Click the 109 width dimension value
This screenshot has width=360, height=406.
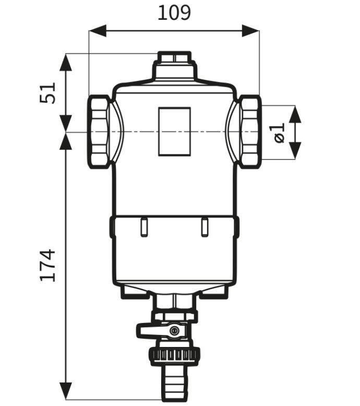(x=174, y=13)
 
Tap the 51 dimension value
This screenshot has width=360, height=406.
(x=47, y=93)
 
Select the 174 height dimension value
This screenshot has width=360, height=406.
(x=47, y=266)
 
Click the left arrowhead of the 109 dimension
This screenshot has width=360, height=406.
(x=98, y=31)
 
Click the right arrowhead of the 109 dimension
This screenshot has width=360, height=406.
(x=250, y=31)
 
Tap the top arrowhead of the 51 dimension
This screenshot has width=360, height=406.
(x=65, y=63)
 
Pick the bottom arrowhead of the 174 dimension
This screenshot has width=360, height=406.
(x=65, y=391)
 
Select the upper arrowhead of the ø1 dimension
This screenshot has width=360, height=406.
(x=295, y=114)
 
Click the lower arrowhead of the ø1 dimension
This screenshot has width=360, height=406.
(x=295, y=151)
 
